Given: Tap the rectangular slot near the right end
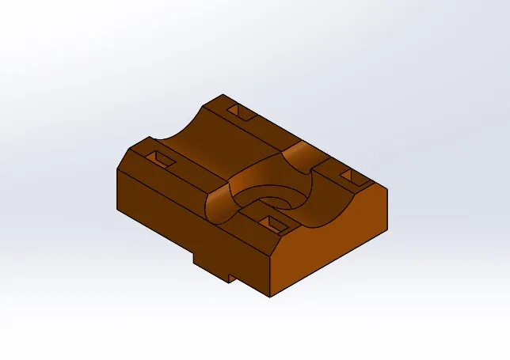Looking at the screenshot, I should click(349, 175).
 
